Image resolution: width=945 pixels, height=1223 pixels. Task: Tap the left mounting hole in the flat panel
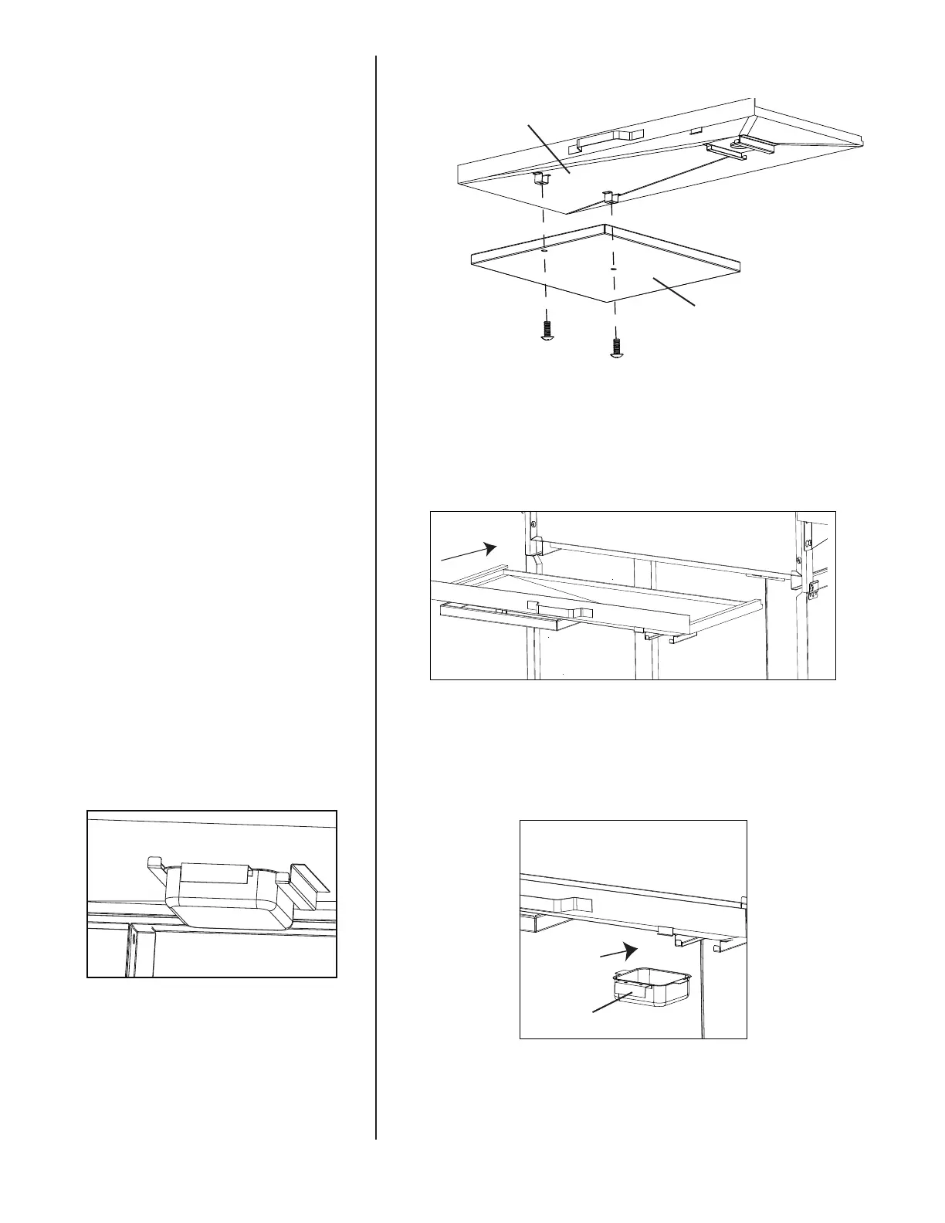pos(544,251)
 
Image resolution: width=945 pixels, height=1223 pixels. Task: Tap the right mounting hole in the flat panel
pos(612,269)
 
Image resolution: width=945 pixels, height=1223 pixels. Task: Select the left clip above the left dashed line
pos(541,181)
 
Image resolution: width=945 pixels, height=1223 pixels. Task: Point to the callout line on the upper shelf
pos(547,147)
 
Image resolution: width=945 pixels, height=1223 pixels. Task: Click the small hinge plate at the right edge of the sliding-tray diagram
pos(814,591)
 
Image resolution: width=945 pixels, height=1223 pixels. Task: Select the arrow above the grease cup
pos(621,950)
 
